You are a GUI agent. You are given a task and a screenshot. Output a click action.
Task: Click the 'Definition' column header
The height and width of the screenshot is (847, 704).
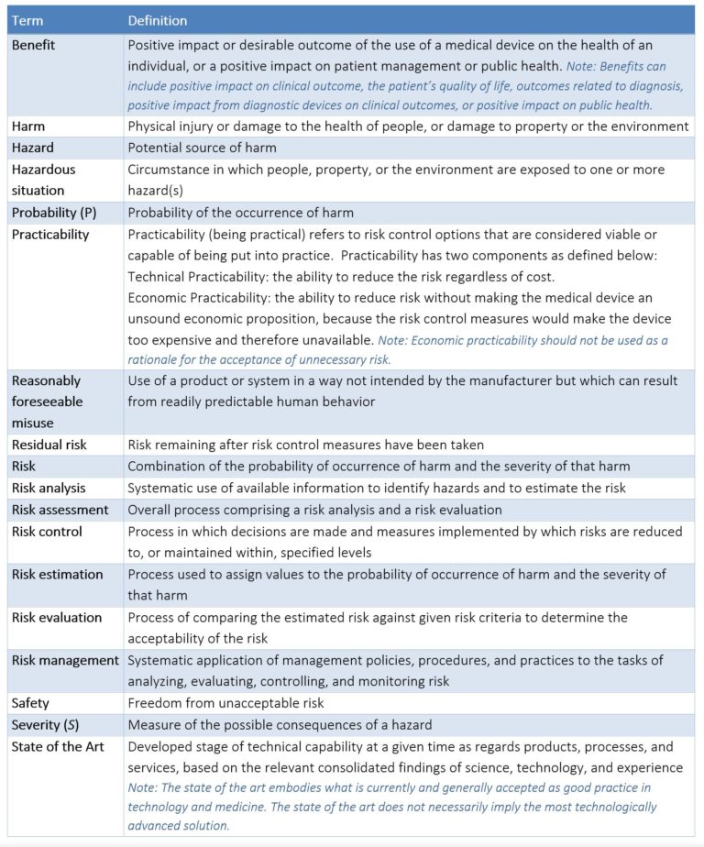coord(158,20)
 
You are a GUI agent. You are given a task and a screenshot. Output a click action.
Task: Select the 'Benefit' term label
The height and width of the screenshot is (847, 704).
coord(34,44)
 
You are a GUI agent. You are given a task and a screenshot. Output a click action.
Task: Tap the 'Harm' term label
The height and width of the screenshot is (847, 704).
coord(28,126)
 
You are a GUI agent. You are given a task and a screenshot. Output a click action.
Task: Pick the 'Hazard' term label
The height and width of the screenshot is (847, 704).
coord(33,148)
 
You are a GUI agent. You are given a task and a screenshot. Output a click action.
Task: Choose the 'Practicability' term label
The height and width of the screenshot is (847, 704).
coord(50,234)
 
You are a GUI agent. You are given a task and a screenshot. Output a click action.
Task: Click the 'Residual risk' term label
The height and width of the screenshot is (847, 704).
coord(49,445)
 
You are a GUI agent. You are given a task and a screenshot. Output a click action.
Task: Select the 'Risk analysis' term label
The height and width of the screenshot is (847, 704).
coord(49,488)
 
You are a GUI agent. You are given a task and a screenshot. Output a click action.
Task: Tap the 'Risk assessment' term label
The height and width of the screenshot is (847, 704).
coord(60,510)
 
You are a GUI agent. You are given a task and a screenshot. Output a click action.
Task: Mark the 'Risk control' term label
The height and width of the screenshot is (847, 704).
coord(47,532)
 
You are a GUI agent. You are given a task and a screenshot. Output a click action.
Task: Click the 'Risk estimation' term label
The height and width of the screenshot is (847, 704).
coord(58,575)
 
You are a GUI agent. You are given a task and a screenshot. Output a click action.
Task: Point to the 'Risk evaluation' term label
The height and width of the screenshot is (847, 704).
coord(57,618)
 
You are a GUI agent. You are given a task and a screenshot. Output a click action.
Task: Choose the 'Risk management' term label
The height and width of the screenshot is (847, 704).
coord(65,660)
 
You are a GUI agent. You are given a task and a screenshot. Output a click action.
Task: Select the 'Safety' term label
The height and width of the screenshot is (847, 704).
coord(30,703)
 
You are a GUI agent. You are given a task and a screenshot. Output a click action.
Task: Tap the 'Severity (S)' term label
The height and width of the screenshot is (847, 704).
coord(44,725)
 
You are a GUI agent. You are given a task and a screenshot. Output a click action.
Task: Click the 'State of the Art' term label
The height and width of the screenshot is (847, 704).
coord(58,746)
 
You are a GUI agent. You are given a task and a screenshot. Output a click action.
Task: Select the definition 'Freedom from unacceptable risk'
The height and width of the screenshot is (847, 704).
coord(225,703)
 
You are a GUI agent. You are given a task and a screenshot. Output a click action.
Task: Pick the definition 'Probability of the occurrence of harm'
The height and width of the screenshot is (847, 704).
coord(240,213)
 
